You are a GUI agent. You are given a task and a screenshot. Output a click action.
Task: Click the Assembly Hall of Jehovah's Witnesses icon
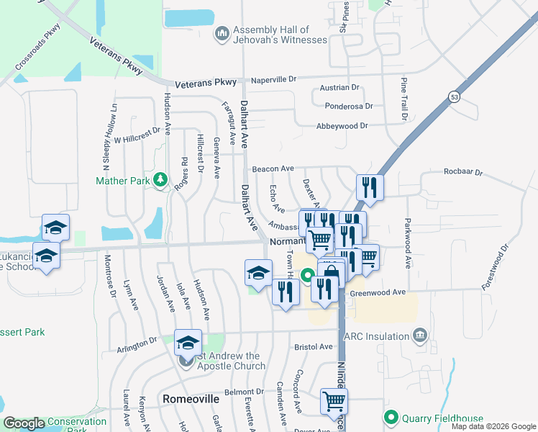(222, 34)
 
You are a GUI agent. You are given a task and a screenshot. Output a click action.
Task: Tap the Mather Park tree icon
(161, 179)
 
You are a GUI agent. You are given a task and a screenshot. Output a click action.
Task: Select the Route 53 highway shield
(454, 96)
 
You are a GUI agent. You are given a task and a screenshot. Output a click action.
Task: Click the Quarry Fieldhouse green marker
(391, 417)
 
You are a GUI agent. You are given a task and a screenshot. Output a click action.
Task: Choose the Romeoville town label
(191, 398)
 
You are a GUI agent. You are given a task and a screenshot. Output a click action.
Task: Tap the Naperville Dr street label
(272, 78)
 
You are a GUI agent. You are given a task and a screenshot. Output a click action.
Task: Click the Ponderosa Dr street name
(349, 106)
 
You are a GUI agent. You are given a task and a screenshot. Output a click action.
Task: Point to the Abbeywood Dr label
(342, 125)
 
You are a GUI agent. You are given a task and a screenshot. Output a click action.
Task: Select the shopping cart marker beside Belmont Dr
(334, 401)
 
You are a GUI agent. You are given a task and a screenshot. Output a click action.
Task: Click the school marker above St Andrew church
(188, 342)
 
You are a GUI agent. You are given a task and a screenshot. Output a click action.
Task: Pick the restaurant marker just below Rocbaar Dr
(370, 188)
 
